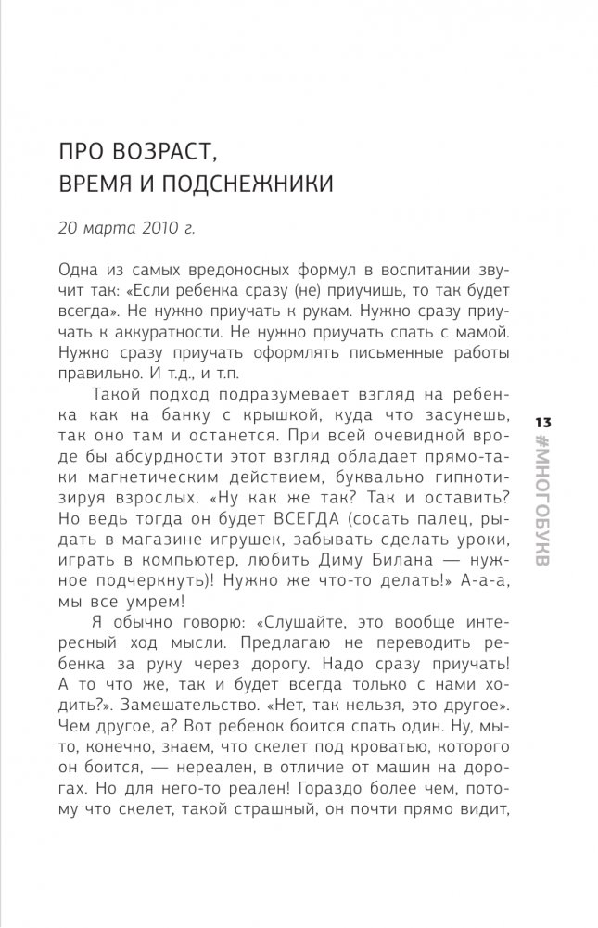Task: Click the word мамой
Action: [x=494, y=332]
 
